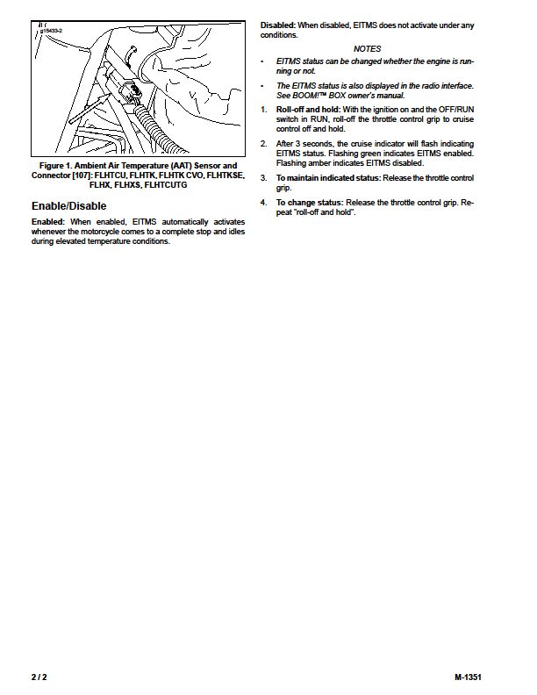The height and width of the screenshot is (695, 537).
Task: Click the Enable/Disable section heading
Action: coord(68,206)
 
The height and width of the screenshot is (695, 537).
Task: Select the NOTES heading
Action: coord(367,49)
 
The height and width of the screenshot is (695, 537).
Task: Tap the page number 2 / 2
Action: coord(39,677)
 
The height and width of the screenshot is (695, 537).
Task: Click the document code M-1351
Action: coord(468,677)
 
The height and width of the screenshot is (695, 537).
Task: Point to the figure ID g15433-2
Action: coord(52,31)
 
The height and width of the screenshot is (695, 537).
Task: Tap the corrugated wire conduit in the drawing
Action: coord(156,129)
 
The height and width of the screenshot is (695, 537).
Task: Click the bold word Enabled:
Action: coord(48,222)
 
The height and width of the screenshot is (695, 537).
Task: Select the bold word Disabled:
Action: coord(278,25)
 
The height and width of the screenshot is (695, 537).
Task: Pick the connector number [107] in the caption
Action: coord(82,176)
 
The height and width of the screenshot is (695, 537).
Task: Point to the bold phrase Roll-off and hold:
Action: coord(308,110)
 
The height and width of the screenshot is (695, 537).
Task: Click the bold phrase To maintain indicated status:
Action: coord(328,178)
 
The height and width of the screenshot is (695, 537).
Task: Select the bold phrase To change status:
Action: coord(310,203)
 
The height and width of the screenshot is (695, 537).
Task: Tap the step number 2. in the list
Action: coord(263,144)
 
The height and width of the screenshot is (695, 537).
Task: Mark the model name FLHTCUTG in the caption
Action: coord(166,185)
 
